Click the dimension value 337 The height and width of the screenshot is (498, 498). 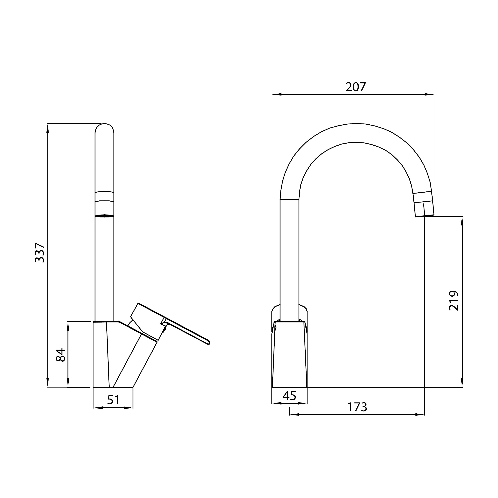click(40, 253)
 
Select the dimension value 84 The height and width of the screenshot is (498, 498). click(61, 355)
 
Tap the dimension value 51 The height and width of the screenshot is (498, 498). click(113, 400)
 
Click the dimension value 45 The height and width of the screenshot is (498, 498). click(289, 396)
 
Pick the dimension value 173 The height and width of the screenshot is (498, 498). click(357, 407)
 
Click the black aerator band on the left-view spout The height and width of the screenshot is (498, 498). click(104, 216)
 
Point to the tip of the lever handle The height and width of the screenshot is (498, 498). click(209, 343)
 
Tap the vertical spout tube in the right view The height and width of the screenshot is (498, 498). click(289, 258)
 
